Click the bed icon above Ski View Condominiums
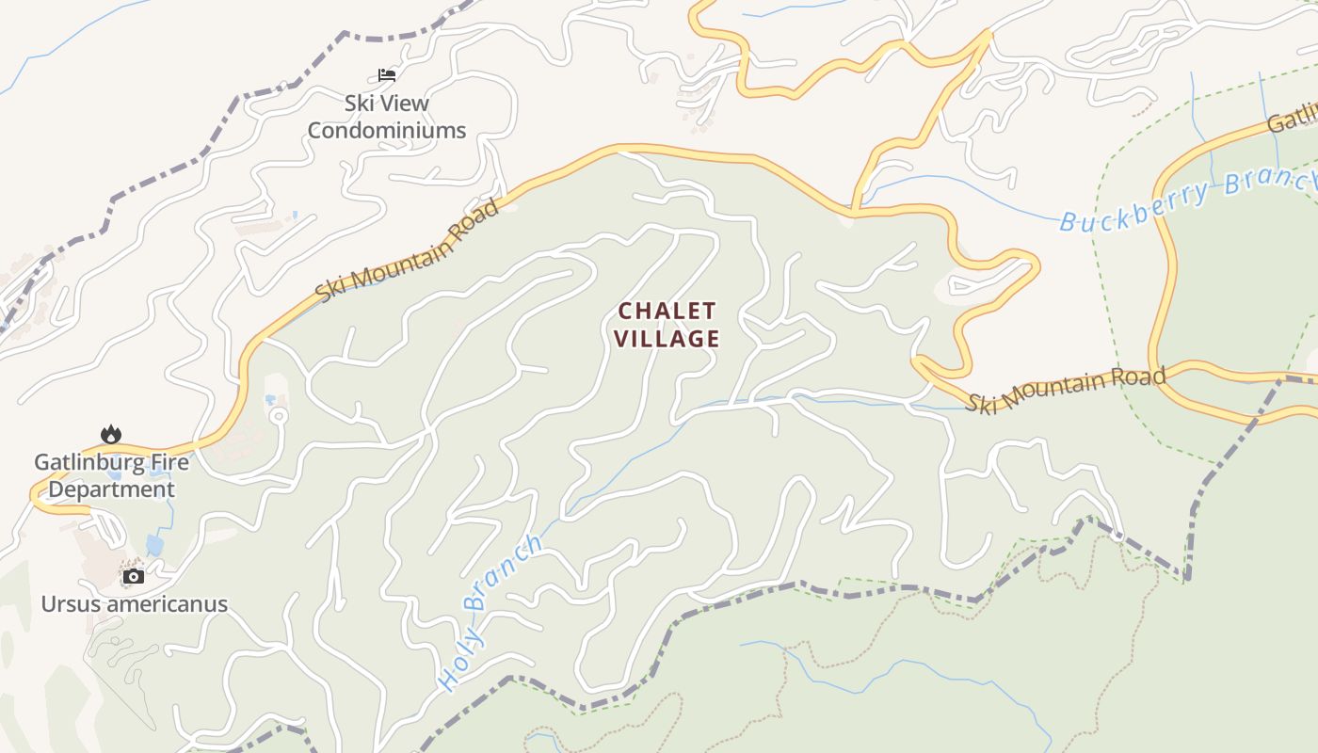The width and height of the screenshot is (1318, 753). (386, 75)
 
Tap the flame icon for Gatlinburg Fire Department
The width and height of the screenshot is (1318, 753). (111, 434)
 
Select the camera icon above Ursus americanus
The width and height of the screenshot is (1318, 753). (134, 576)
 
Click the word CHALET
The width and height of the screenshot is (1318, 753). (667, 311)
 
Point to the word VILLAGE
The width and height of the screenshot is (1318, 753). (667, 339)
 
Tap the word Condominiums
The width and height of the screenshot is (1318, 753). (387, 131)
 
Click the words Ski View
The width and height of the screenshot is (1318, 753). (386, 104)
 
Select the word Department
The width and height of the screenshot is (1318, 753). (111, 489)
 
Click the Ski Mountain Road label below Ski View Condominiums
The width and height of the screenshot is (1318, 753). (408, 250)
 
